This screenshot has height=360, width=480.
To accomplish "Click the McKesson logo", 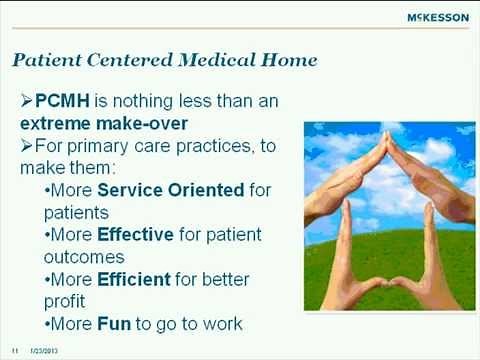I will tap(437, 17).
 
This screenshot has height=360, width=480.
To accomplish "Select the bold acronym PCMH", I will tap(60, 102).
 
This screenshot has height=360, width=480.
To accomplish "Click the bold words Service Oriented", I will tap(156, 190).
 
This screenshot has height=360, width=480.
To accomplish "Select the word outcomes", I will tap(82, 256).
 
